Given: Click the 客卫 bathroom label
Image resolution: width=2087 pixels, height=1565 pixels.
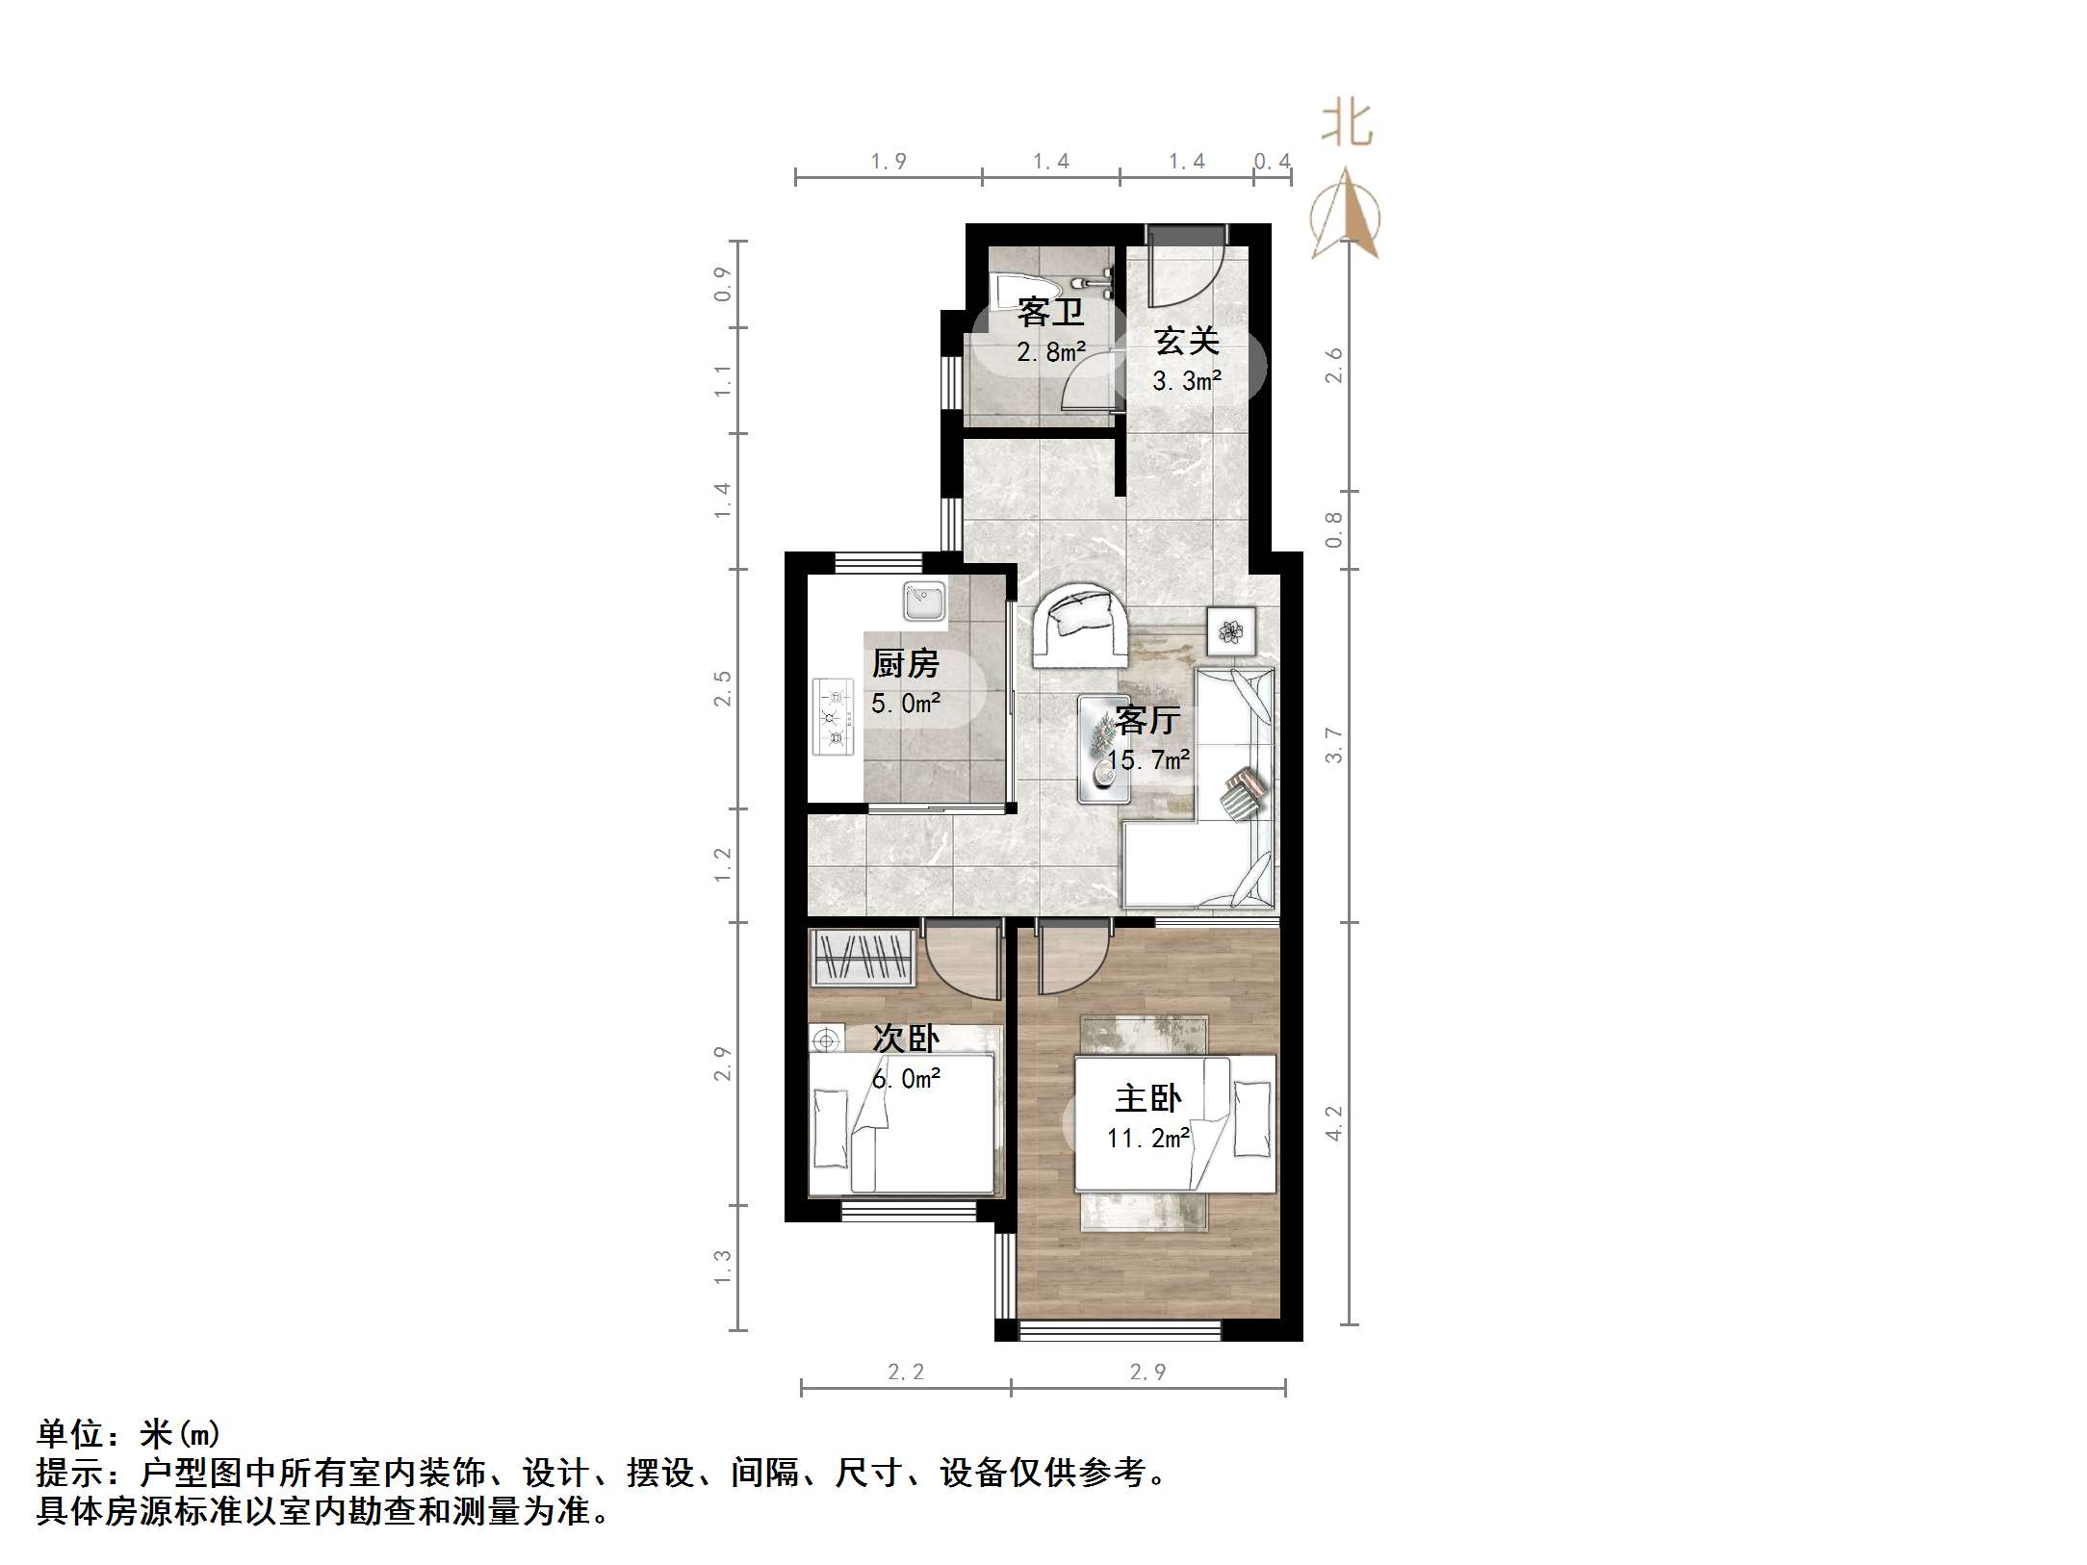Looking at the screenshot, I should (1050, 312).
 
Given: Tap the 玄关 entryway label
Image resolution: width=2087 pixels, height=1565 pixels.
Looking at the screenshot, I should (1187, 341).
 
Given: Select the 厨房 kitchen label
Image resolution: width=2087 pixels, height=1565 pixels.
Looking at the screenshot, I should (905, 663).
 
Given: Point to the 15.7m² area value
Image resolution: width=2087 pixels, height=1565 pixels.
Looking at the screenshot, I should (1147, 760).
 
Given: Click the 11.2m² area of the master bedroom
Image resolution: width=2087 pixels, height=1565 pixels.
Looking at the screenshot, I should (1147, 1139).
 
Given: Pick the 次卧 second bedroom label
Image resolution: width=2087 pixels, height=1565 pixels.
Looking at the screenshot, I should (905, 1038).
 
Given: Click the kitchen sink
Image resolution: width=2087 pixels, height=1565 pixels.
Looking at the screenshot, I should (924, 601).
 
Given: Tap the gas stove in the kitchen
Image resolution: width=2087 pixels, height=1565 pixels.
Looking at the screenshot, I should (834, 717).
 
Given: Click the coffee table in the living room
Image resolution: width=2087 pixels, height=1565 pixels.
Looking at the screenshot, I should (1103, 748).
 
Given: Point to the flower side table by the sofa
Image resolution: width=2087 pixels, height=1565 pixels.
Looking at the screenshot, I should (1231, 631).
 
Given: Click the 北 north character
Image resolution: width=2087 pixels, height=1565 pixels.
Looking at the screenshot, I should (1347, 125).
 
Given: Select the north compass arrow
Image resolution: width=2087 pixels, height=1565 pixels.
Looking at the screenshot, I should (1347, 217).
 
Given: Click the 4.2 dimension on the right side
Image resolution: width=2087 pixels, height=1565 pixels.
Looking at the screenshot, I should (1333, 1122).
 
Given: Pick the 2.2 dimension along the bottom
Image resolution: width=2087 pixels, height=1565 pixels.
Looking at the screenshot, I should (905, 1373).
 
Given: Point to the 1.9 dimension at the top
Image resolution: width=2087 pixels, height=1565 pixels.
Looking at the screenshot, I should (888, 162).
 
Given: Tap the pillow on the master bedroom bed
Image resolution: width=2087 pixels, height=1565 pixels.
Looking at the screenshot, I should (1251, 1118).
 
